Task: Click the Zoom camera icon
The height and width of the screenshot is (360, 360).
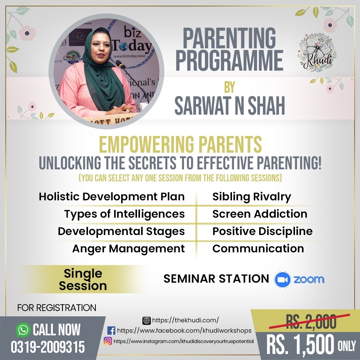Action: [282, 279]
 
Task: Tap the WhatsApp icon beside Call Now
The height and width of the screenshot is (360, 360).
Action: [23, 330]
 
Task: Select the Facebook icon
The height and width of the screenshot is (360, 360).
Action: [111, 331]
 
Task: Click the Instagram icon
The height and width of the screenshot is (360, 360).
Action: [108, 341]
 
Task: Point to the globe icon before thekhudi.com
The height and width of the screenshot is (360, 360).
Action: [146, 320]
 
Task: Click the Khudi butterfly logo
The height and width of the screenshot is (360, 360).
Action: [317, 53]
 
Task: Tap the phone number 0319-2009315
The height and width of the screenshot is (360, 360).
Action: [48, 347]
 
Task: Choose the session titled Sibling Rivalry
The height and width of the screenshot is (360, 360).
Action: [252, 197]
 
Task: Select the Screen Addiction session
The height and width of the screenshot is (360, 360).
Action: [260, 214]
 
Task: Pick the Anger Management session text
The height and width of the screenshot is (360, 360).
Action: [128, 249]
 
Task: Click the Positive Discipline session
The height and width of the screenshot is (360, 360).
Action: [262, 231]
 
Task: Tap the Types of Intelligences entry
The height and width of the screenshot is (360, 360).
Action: [124, 214]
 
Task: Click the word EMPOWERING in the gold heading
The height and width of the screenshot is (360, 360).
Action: [146, 144]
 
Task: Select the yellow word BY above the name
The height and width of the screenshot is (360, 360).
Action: [230, 87]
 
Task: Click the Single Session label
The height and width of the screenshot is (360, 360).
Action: [83, 279]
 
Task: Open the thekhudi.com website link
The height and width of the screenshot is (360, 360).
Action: [185, 320]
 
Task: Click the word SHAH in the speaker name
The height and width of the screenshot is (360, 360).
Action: [266, 106]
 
